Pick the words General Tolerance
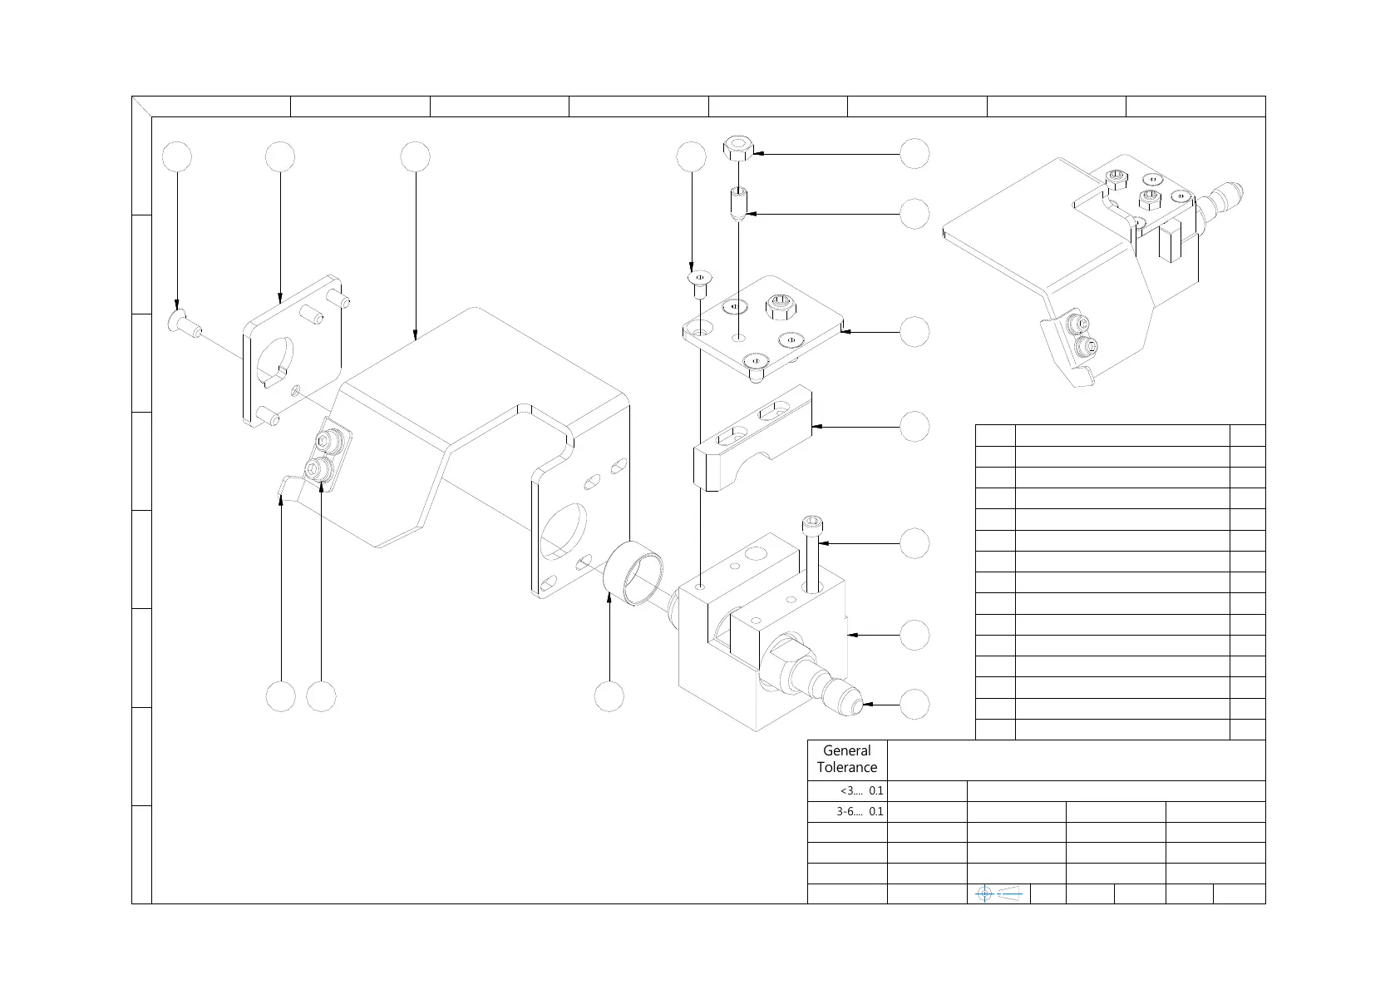pos(847,759)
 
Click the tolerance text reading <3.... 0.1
pos(861,791)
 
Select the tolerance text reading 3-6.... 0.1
pos(860,811)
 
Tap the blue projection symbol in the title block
pos(998,893)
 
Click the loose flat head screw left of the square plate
pos(184,323)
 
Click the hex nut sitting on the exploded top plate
pos(778,306)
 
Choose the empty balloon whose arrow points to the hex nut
pos(914,154)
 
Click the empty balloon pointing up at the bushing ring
pos(609,696)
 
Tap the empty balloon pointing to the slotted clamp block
pos(914,427)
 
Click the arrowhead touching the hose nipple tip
pos(867,705)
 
